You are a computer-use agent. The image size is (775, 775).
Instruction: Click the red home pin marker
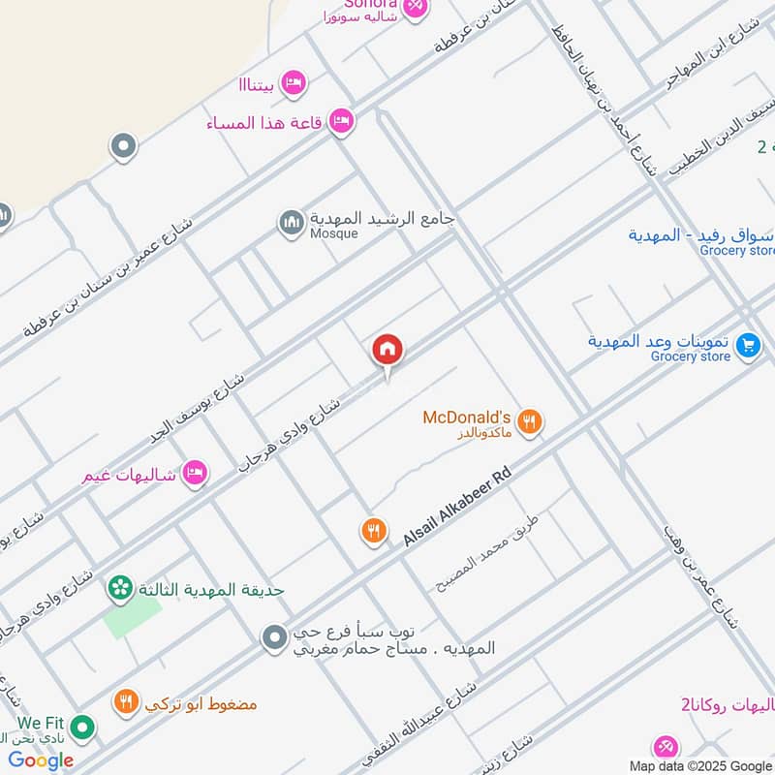(387, 351)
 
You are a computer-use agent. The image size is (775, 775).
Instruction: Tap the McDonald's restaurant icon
(528, 421)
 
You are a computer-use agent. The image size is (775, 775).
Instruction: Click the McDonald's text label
(466, 418)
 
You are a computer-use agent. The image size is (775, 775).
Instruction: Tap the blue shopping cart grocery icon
(747, 345)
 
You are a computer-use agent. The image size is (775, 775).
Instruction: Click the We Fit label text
(40, 723)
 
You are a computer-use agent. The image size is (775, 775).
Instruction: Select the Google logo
(42, 760)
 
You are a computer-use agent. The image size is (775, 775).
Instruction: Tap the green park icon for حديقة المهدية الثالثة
(120, 587)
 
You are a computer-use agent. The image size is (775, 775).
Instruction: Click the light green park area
(133, 616)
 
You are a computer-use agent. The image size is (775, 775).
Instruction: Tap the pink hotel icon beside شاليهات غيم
(195, 473)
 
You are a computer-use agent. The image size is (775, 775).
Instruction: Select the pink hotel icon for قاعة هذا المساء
(340, 122)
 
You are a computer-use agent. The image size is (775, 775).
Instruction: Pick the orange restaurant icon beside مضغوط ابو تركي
(126, 702)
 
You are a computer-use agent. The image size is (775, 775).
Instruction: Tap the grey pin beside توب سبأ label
(275, 636)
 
